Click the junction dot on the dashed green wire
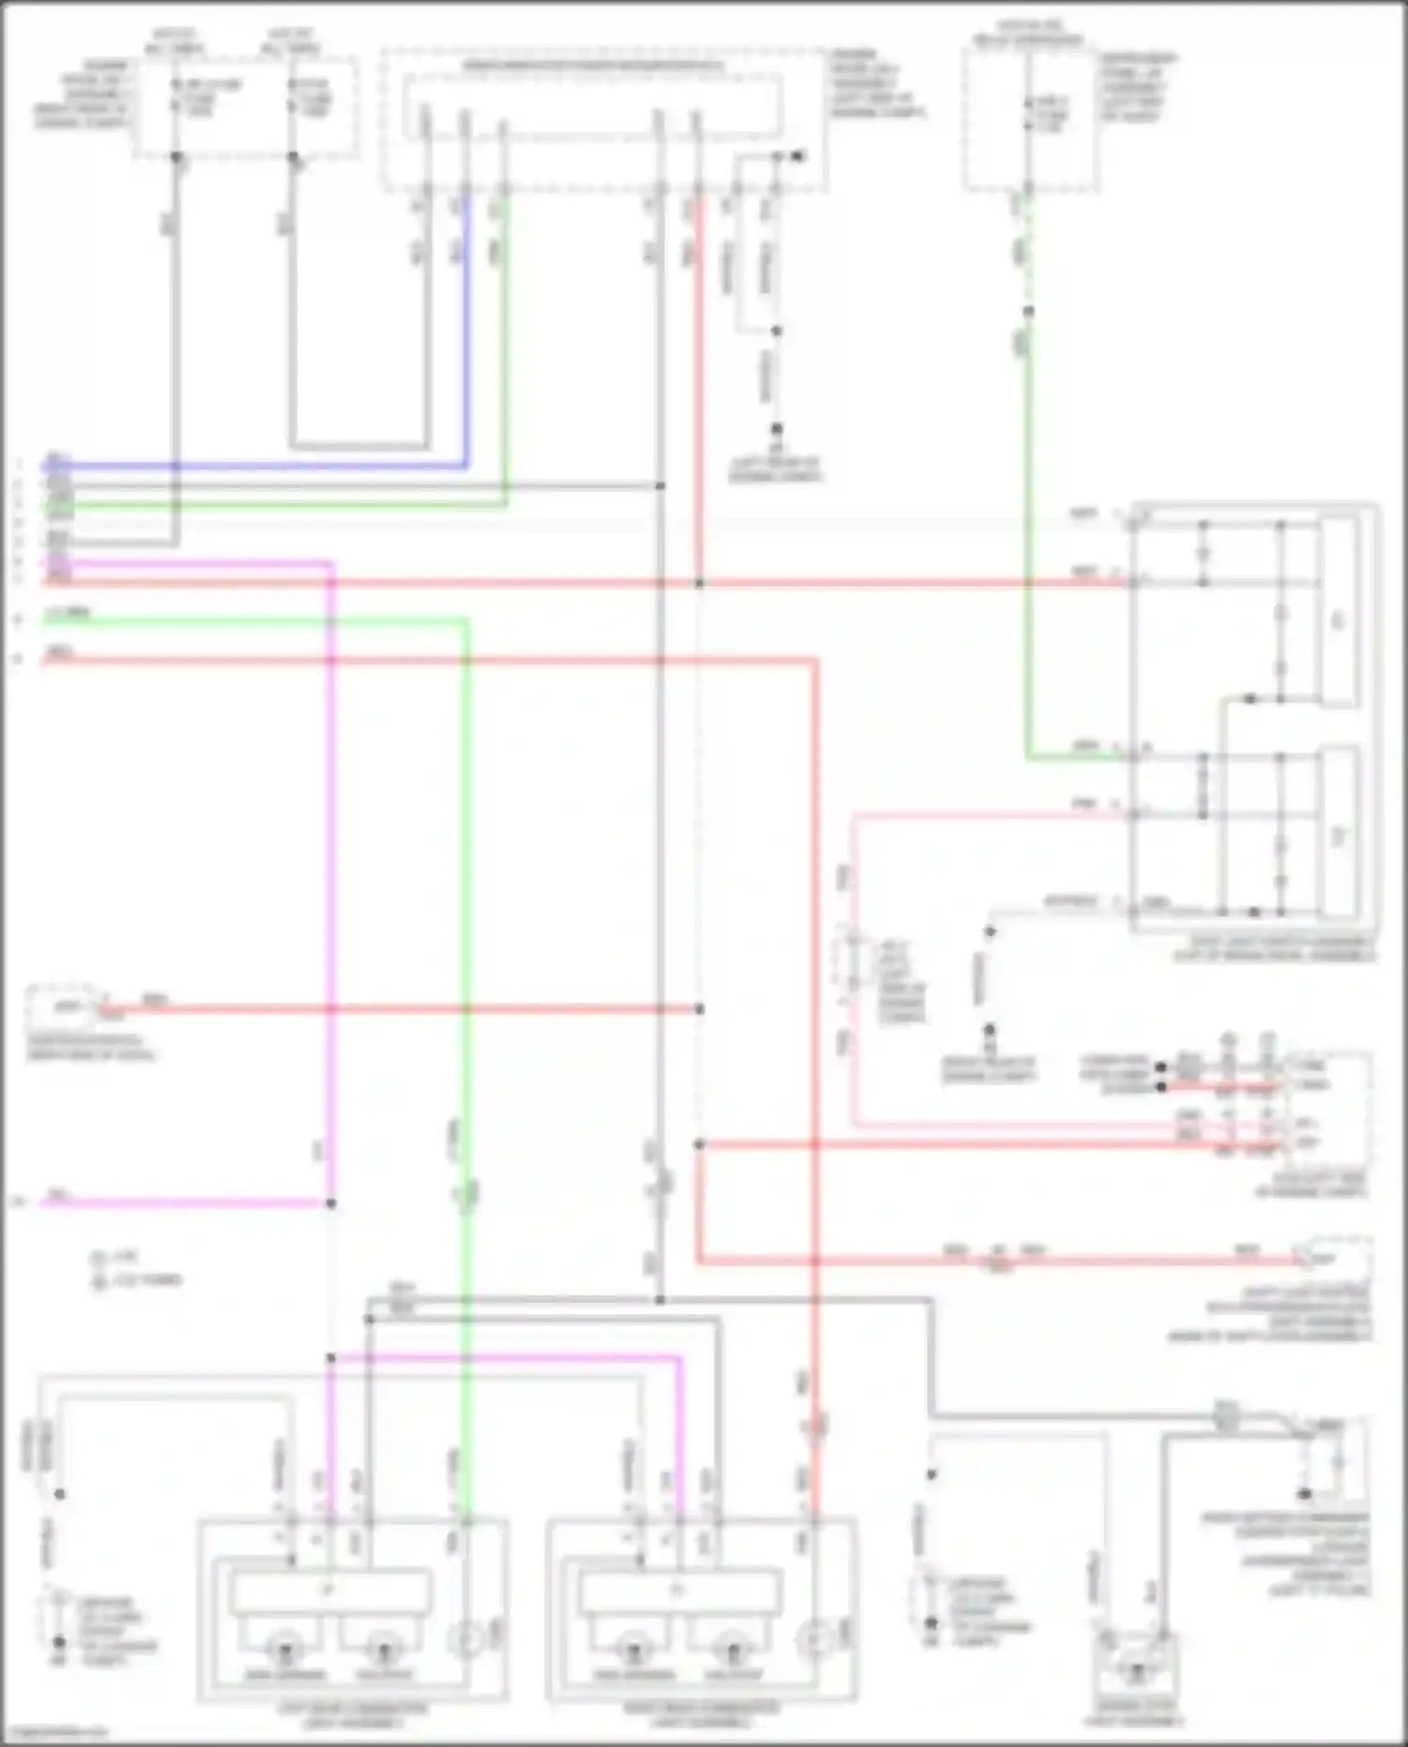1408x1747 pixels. [1029, 312]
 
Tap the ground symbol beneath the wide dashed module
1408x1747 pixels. [776, 431]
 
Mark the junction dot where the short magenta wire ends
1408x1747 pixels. [330, 1203]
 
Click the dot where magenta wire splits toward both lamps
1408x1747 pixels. [330, 1357]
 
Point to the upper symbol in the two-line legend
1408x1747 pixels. [98, 1258]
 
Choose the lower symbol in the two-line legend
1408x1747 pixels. [98, 1280]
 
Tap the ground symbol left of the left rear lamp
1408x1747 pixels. [59, 1644]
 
